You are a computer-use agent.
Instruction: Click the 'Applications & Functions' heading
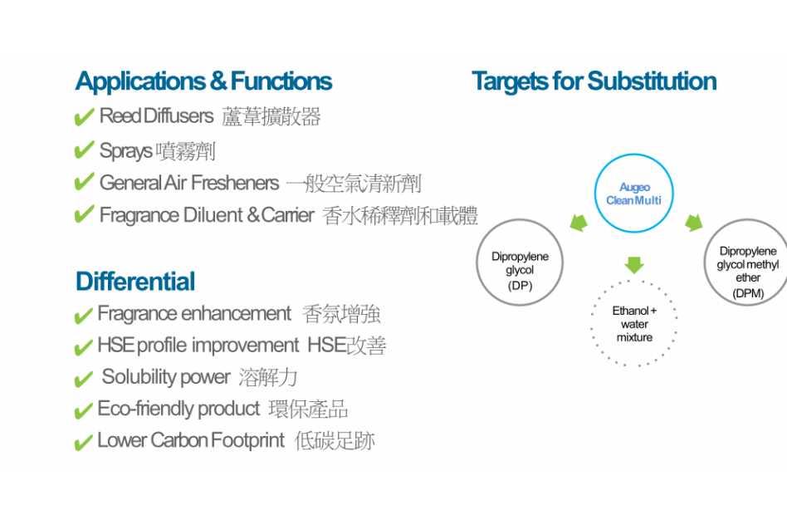203,81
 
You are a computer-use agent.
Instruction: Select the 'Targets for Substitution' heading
594,81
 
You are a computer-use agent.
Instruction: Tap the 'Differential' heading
135,282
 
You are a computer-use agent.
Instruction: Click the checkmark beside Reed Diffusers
84,116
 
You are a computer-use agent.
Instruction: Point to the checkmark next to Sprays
84,150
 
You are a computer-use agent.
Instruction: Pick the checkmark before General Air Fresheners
84,181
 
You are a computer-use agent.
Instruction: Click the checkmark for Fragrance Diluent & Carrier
84,214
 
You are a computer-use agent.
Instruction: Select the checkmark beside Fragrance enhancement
83,316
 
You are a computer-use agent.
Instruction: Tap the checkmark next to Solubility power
83,380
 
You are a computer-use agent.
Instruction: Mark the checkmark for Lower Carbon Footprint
83,443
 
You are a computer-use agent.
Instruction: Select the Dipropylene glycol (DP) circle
477,262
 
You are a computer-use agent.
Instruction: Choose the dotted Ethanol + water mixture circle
592,323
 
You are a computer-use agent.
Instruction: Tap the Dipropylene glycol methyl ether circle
705,262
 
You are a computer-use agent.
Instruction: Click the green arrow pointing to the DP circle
579,223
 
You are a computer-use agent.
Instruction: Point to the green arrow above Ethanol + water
634,265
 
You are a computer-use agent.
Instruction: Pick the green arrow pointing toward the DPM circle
694,223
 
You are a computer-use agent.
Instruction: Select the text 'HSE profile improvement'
198,346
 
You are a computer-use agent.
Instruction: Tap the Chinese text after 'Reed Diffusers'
271,116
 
